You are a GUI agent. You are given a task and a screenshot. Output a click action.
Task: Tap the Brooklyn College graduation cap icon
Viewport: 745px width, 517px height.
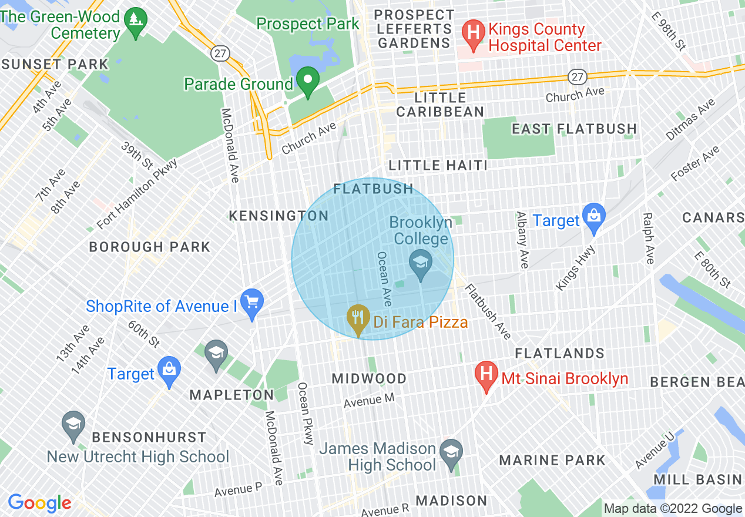[x=421, y=264]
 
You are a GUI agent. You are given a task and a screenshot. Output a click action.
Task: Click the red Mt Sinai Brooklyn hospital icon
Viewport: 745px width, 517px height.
[x=486, y=375]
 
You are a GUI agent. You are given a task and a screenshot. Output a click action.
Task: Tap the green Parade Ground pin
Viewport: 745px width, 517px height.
[x=307, y=81]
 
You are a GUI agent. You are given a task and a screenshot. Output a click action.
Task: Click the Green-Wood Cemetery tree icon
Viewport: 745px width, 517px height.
[x=136, y=22]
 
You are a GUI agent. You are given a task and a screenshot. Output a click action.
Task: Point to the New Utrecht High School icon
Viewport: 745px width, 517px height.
[x=73, y=425]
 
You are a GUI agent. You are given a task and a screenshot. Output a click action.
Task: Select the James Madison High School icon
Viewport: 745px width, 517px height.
[x=451, y=454]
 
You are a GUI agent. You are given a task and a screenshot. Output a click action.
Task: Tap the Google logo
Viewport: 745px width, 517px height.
[x=39, y=502]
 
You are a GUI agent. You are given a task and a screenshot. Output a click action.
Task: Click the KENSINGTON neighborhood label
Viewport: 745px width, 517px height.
[x=278, y=216]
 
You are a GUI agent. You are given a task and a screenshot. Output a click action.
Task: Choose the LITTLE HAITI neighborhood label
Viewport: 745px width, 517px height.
[x=438, y=165]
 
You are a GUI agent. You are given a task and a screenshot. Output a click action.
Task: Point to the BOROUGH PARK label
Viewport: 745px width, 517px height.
[x=149, y=247]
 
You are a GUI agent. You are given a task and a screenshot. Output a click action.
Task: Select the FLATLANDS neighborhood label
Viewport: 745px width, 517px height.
[x=559, y=353]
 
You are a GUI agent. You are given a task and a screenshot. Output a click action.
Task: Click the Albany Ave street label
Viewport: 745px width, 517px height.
[x=521, y=240]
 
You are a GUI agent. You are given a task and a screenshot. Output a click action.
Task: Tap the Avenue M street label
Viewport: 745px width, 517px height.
[x=369, y=401]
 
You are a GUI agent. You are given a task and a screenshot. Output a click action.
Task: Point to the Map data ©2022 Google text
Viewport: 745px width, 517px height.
[x=673, y=509]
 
